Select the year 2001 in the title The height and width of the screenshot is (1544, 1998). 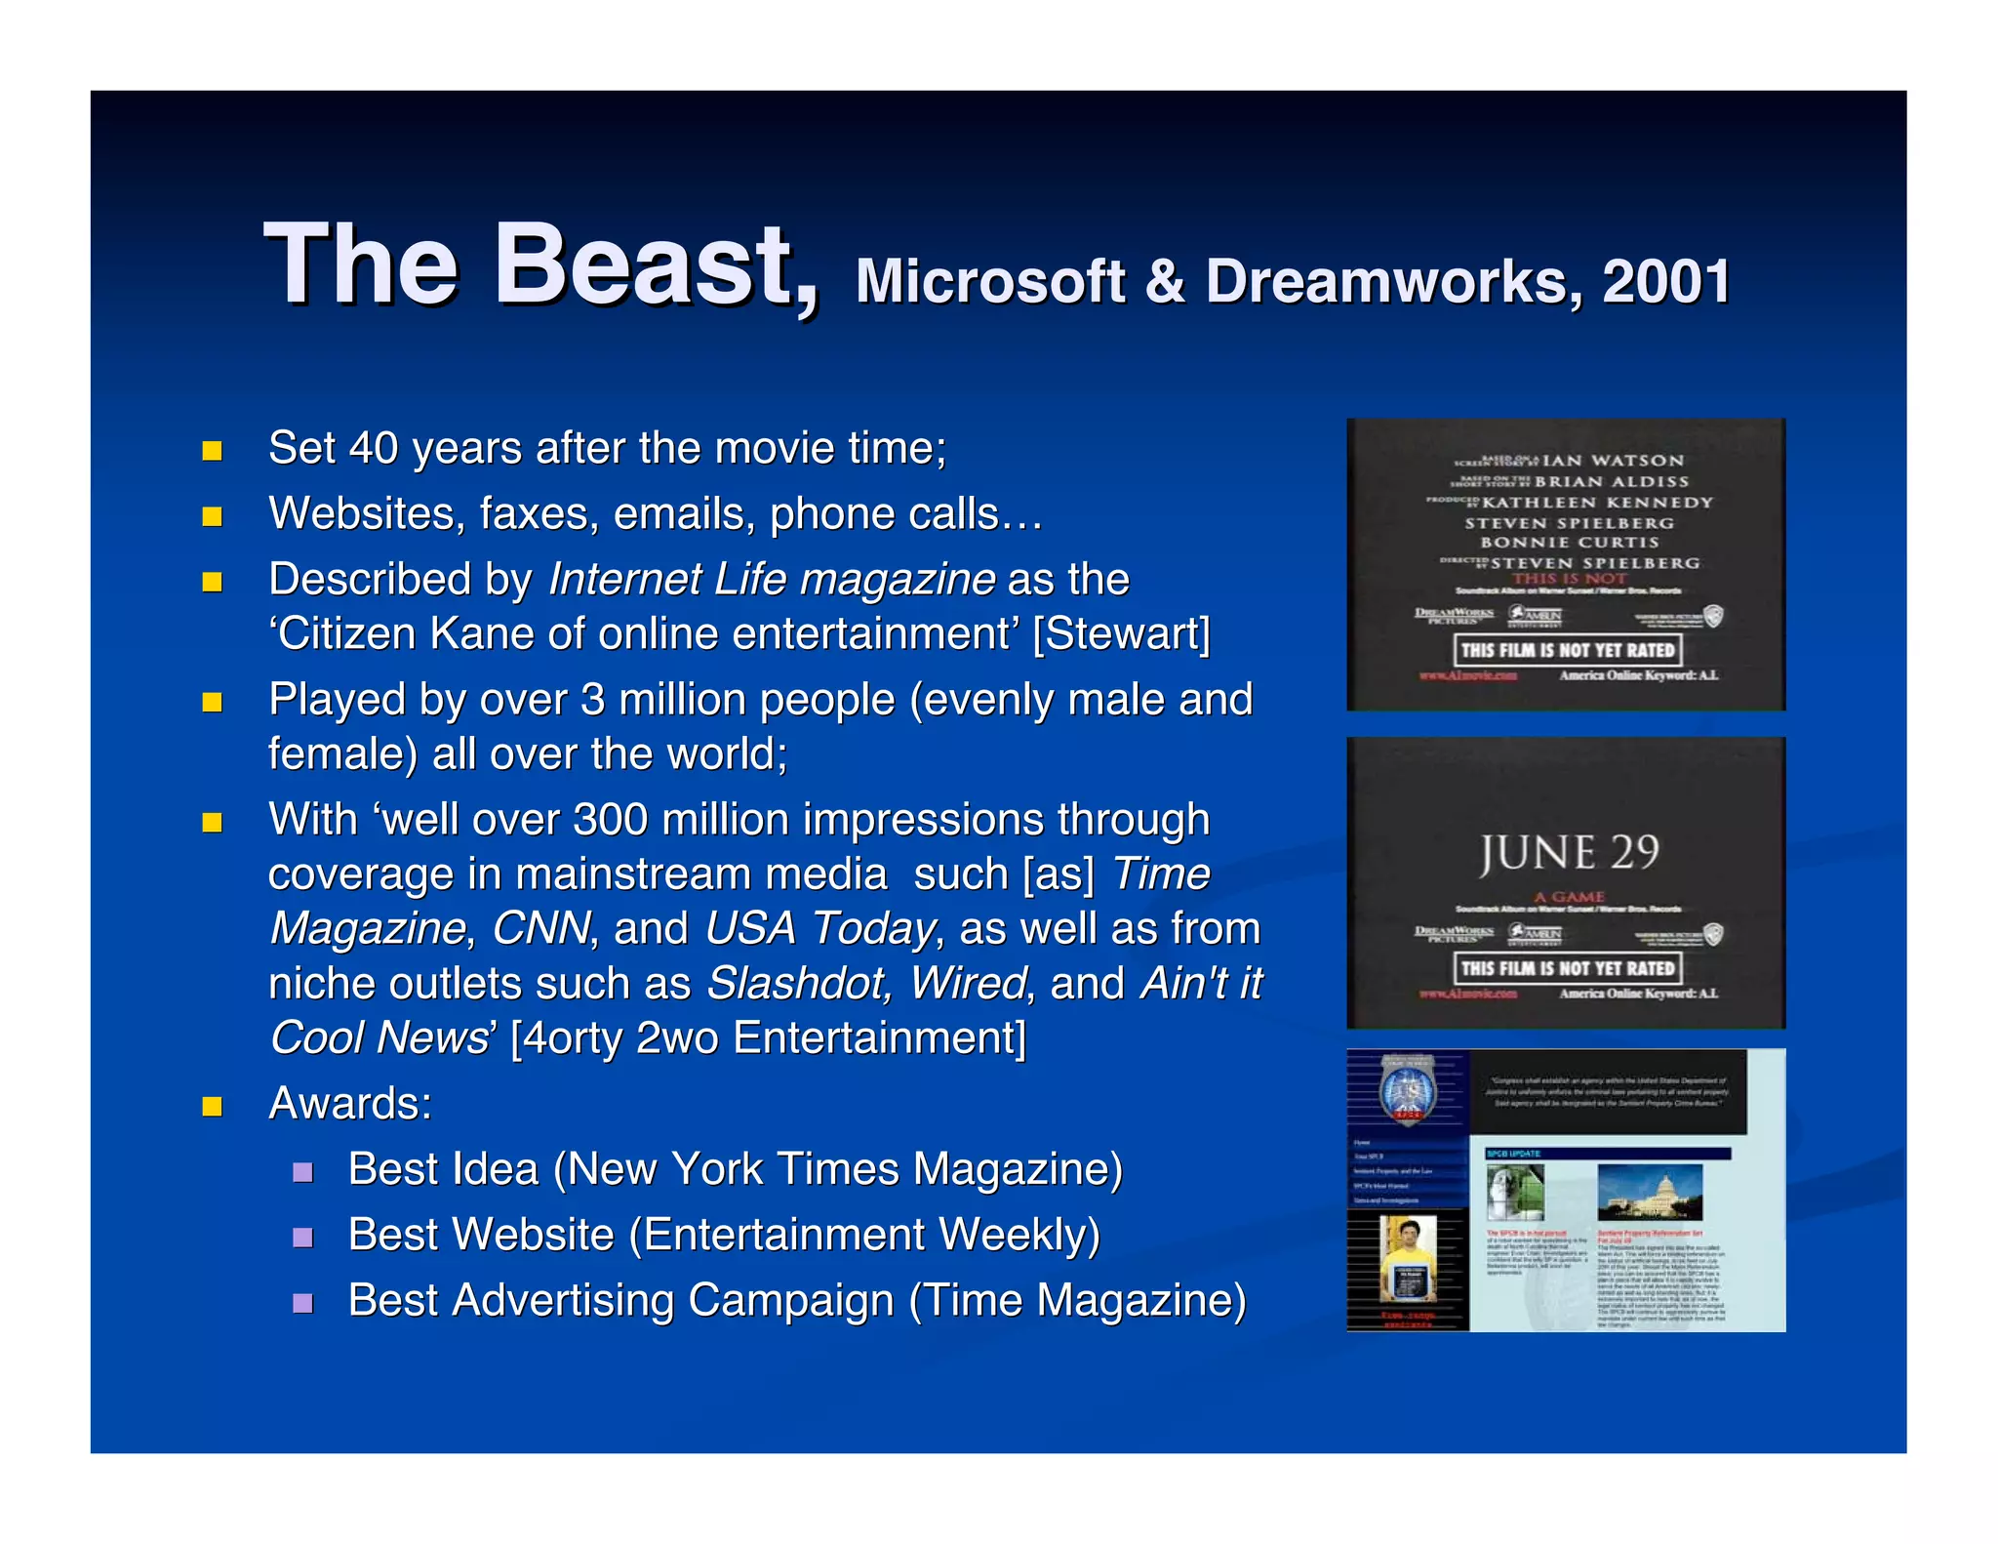coord(1666,282)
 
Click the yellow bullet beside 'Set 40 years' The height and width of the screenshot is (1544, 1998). coord(212,450)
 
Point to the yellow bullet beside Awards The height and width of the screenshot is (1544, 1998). coord(212,1106)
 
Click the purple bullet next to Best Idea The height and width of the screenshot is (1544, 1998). coord(302,1171)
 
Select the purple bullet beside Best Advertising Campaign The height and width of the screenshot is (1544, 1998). coord(302,1303)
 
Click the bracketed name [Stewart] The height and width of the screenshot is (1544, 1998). coord(1122,634)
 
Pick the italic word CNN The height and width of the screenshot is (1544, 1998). coord(541,929)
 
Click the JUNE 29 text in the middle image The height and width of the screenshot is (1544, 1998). coord(1569,853)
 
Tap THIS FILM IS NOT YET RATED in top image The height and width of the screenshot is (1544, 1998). coord(1567,650)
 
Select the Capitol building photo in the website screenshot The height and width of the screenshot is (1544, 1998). coord(1649,1192)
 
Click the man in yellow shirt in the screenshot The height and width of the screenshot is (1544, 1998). coord(1407,1259)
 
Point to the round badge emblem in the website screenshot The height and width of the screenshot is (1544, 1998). coord(1407,1089)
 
